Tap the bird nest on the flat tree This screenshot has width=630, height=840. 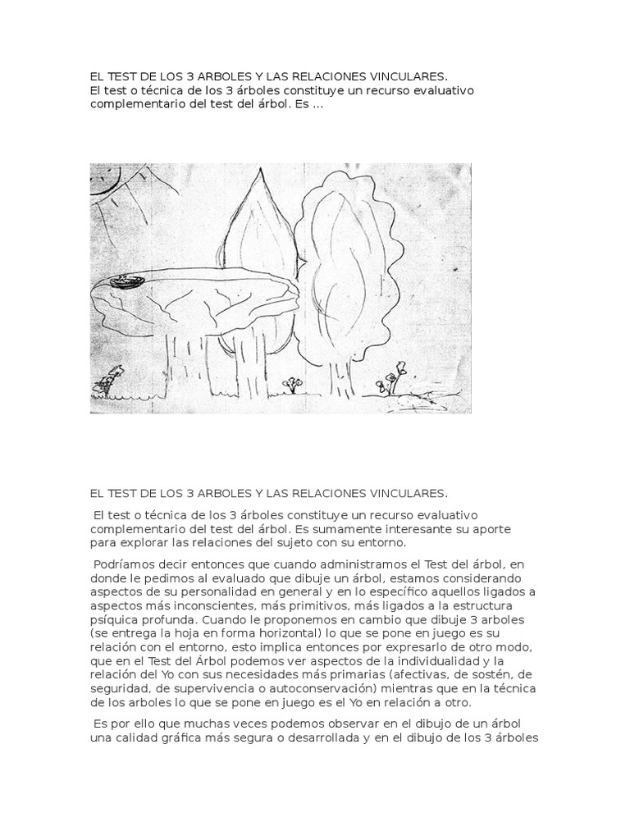[x=129, y=281]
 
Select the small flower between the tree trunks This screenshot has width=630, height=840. [x=291, y=383]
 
